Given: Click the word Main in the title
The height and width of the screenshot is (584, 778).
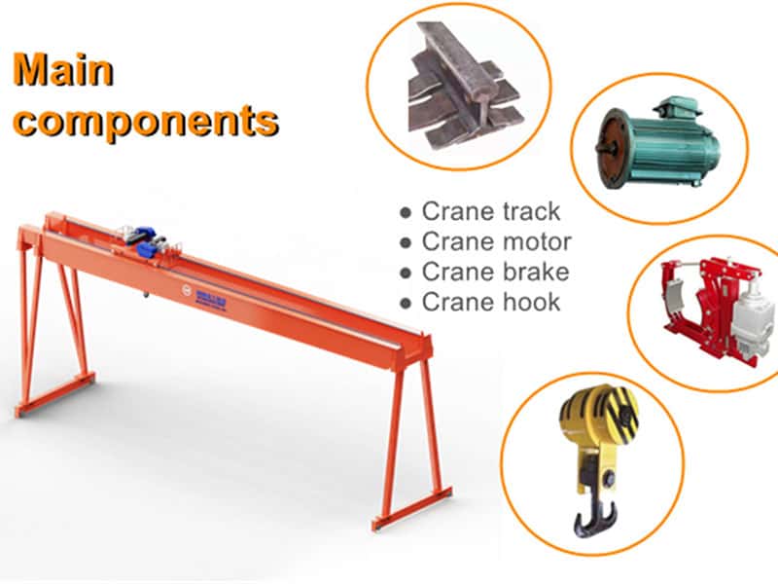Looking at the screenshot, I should (62, 70).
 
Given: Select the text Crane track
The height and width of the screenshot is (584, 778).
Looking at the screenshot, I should (491, 211).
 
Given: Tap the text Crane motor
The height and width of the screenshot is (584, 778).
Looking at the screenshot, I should (496, 241).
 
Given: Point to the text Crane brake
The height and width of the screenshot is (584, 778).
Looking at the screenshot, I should (495, 272).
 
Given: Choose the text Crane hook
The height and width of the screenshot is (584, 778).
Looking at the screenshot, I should (491, 302).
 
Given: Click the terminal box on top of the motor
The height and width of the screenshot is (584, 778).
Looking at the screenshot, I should (671, 104).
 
